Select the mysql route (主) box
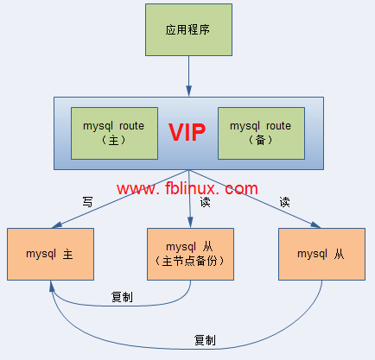pos(113,133)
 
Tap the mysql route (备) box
pos(260,133)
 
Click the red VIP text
pos(187,132)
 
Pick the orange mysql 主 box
pos(49,254)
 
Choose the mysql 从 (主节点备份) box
pos(188,254)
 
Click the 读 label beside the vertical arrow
pos(205,202)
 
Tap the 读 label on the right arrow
pos(284,202)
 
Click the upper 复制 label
pos(122,297)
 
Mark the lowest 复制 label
pos(206,339)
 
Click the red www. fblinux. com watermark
pos(187,188)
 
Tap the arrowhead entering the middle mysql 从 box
pos(188,224)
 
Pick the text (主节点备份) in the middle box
pos(188,262)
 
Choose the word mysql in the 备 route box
pos(245,125)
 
